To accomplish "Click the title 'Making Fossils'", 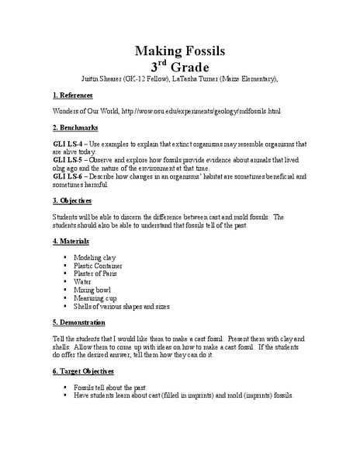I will pyautogui.click(x=180, y=51).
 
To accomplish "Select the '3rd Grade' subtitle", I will pyautogui.click(x=180, y=67).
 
